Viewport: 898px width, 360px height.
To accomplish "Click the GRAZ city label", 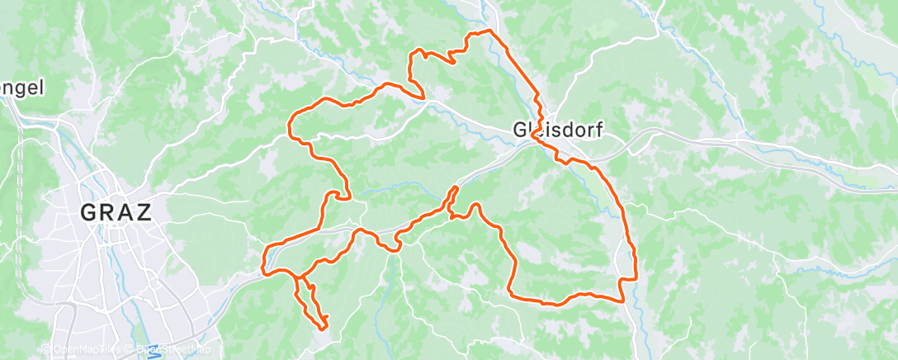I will pos(116,213).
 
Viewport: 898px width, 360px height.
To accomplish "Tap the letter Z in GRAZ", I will pos(143,213).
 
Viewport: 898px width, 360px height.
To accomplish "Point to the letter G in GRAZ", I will pos(89,213).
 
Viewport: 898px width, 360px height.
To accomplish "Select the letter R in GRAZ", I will pos(107,213).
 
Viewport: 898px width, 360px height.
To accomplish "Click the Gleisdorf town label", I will pos(557,130).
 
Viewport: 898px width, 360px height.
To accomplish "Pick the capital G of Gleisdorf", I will pos(520,130).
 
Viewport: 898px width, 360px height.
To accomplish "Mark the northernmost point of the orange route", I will pos(489,31).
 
